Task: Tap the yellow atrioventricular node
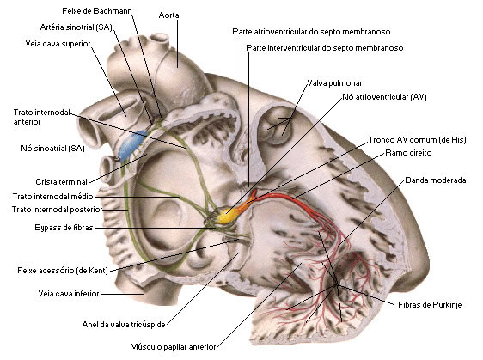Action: pos(228,215)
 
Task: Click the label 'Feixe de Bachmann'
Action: pos(97,11)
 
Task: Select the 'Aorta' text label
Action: pos(168,15)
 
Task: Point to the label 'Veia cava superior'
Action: pos(58,44)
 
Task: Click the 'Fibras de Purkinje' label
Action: pos(430,305)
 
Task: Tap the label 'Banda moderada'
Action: pos(436,180)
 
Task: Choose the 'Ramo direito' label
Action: pos(408,153)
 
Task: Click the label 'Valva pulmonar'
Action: pos(334,83)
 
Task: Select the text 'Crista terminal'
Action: pos(62,182)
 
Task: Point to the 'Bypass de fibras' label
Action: pos(64,228)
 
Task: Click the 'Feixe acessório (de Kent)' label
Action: pos(63,271)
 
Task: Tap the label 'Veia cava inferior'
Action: pos(69,294)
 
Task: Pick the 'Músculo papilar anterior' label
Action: pos(173,347)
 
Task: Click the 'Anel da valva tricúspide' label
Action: pos(124,325)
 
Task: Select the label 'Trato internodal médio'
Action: pos(53,197)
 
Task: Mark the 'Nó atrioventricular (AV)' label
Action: pos(384,97)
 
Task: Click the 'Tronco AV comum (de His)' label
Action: pos(418,140)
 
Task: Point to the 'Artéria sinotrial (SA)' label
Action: pos(76,27)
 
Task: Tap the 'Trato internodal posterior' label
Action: pos(58,210)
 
